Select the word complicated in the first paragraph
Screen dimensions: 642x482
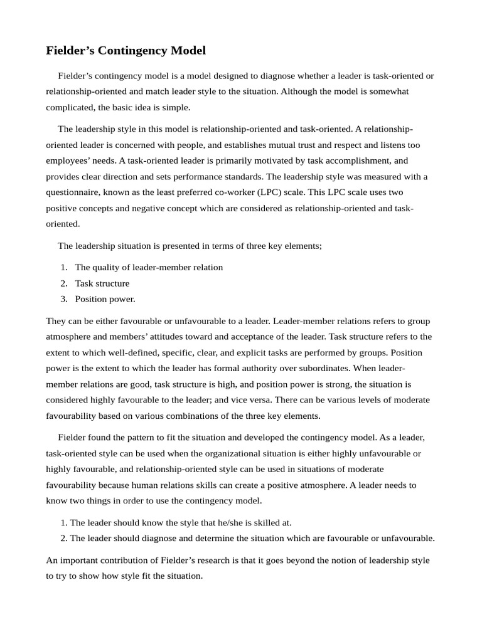tap(70, 107)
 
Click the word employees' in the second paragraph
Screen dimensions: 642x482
tap(69, 160)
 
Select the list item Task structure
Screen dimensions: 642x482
tap(102, 283)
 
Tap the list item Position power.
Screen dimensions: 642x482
tap(105, 299)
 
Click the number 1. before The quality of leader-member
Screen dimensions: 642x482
tap(64, 267)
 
